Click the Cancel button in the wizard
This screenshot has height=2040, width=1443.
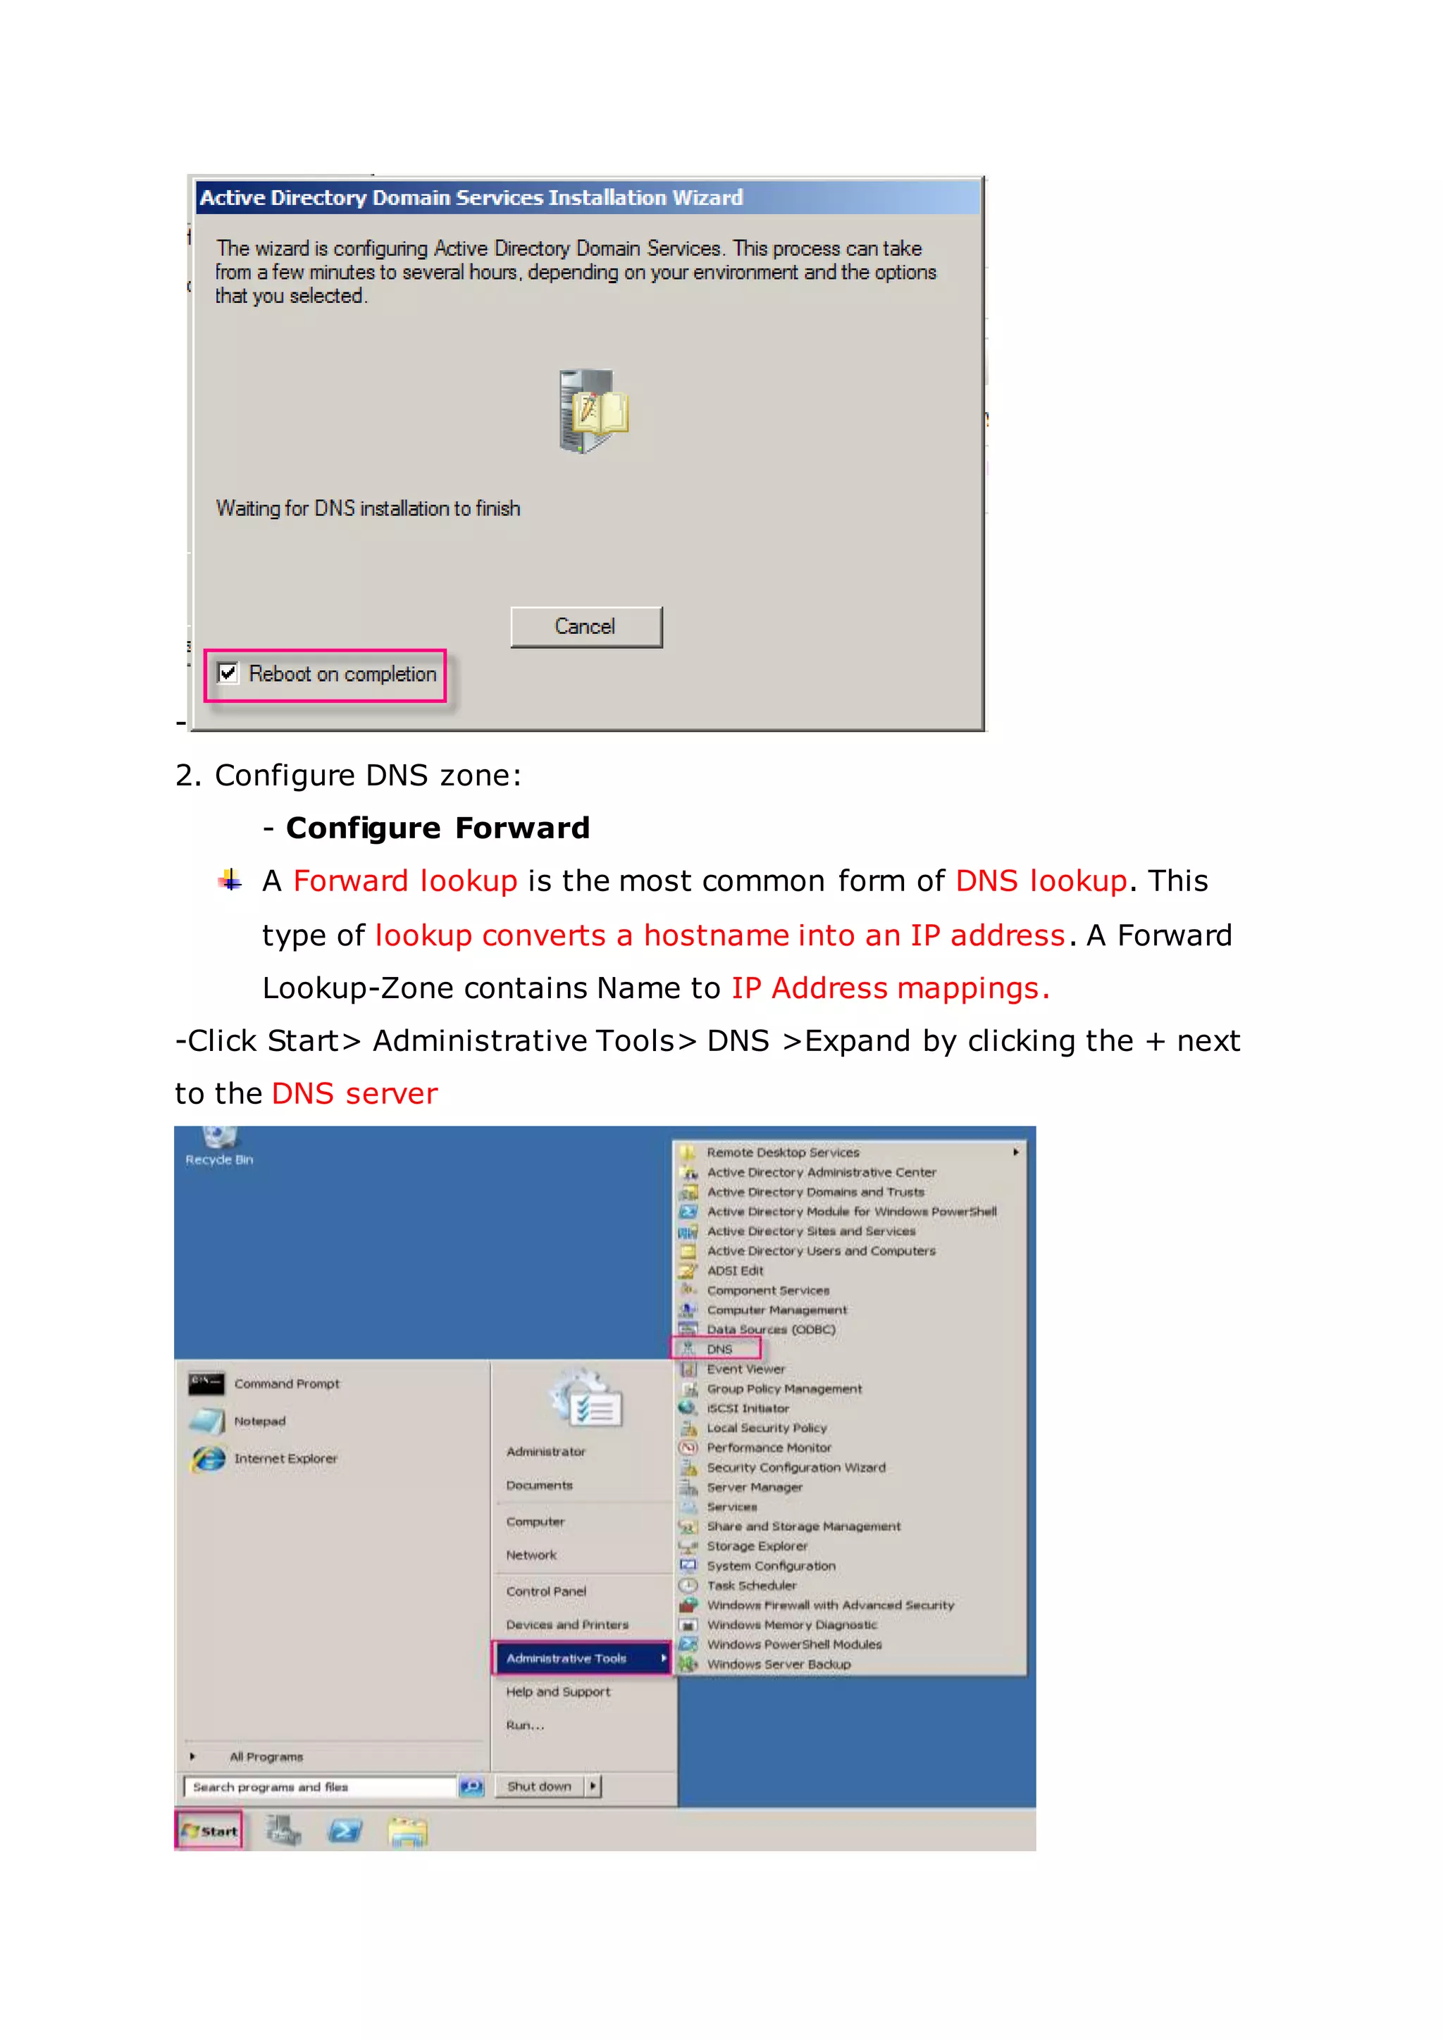click(586, 627)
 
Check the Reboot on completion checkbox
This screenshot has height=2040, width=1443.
click(228, 673)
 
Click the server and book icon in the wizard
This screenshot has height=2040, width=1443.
click(593, 411)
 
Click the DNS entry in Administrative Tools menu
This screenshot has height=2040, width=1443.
click(719, 1349)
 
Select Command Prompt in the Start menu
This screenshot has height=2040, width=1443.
click(286, 1383)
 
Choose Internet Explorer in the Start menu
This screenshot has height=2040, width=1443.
click(285, 1458)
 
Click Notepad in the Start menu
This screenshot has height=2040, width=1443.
click(259, 1421)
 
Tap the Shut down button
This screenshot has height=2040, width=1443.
click(539, 1786)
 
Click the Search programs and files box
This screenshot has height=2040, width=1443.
click(320, 1787)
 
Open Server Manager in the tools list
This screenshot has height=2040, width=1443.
click(755, 1487)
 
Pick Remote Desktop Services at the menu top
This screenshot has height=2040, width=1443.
click(783, 1152)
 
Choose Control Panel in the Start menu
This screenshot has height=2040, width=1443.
click(545, 1591)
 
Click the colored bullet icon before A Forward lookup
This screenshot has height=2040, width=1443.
click(230, 881)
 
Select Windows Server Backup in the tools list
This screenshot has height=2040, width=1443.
click(779, 1664)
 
